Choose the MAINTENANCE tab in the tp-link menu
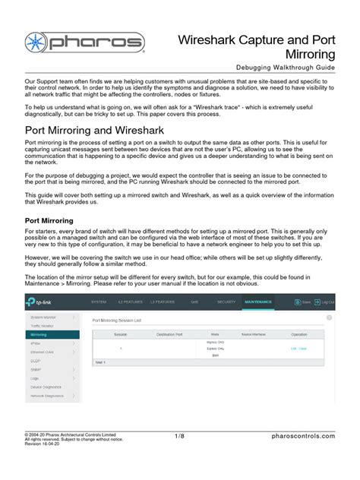(265, 302)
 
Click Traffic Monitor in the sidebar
(43, 324)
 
